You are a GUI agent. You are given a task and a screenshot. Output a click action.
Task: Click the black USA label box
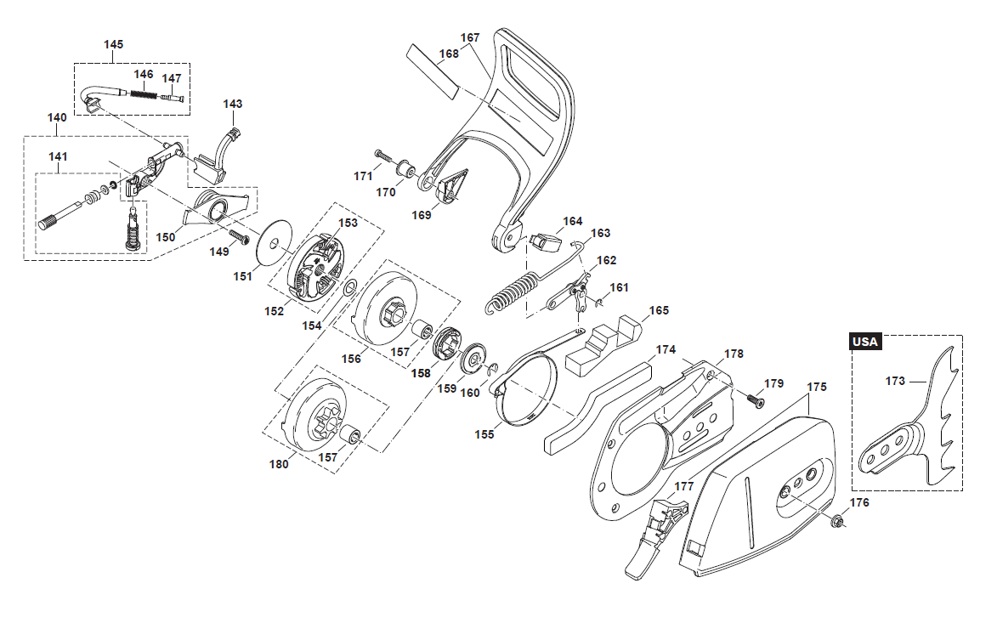tap(865, 342)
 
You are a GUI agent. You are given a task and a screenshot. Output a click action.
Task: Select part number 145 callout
tap(113, 44)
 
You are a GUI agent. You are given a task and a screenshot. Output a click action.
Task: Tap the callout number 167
tap(470, 37)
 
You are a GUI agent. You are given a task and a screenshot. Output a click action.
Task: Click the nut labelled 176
tap(836, 521)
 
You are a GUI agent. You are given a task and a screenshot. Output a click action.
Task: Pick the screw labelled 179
tap(755, 399)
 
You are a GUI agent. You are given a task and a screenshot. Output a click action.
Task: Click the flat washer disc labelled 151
tap(275, 242)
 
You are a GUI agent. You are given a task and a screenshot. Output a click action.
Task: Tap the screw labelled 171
tap(384, 156)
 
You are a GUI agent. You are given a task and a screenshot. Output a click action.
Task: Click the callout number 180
tap(279, 464)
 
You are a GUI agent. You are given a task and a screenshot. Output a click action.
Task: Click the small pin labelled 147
tap(172, 97)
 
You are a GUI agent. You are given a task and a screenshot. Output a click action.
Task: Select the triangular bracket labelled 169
tap(451, 186)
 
